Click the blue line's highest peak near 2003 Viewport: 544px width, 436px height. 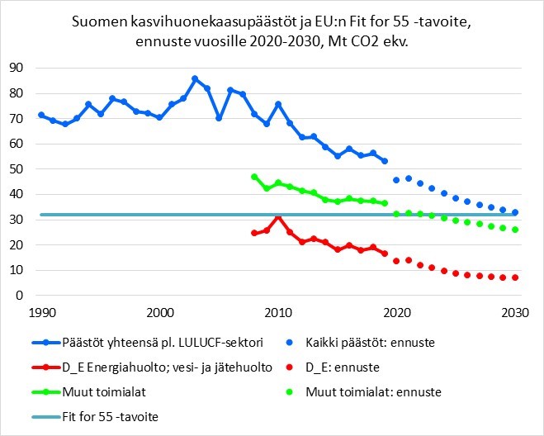(195, 78)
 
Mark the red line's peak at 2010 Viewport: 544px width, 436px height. (278, 216)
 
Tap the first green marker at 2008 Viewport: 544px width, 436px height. (254, 177)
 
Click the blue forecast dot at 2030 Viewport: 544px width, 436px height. (515, 212)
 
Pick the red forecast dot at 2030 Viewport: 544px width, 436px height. (515, 277)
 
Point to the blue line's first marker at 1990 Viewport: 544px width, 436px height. (41, 115)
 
